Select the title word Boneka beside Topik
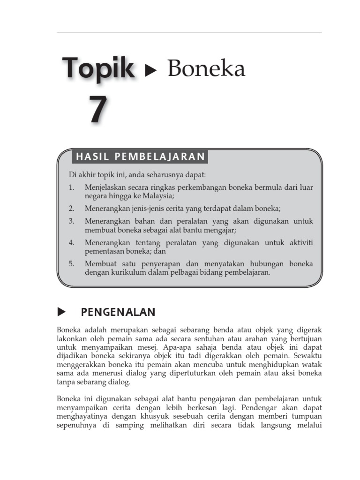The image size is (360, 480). tap(206, 69)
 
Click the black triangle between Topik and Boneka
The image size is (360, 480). tap(151, 71)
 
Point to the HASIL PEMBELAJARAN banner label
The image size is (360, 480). tap(141, 157)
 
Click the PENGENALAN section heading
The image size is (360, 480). tap(118, 312)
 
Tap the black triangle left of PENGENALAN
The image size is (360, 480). tap(60, 312)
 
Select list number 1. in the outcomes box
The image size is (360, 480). tap(71, 187)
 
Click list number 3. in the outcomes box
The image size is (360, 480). tap(71, 221)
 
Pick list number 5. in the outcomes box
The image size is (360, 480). tap(71, 263)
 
